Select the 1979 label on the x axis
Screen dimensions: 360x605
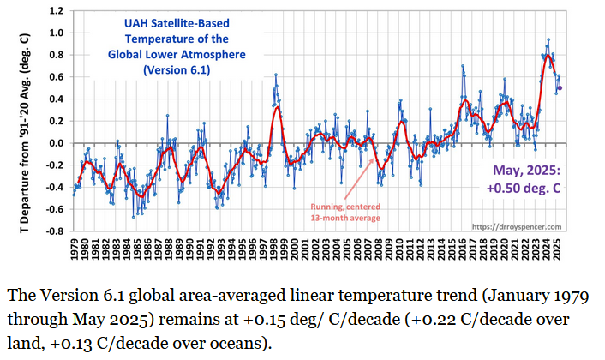coord(75,250)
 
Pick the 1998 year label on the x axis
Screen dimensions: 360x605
coord(278,250)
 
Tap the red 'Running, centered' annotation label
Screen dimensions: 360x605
coord(345,206)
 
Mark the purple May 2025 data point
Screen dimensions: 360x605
coord(560,87)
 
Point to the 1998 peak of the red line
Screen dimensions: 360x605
coord(277,107)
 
